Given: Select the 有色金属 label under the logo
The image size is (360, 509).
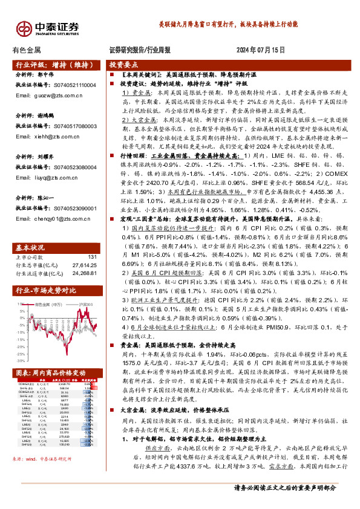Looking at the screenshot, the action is [27, 50].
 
